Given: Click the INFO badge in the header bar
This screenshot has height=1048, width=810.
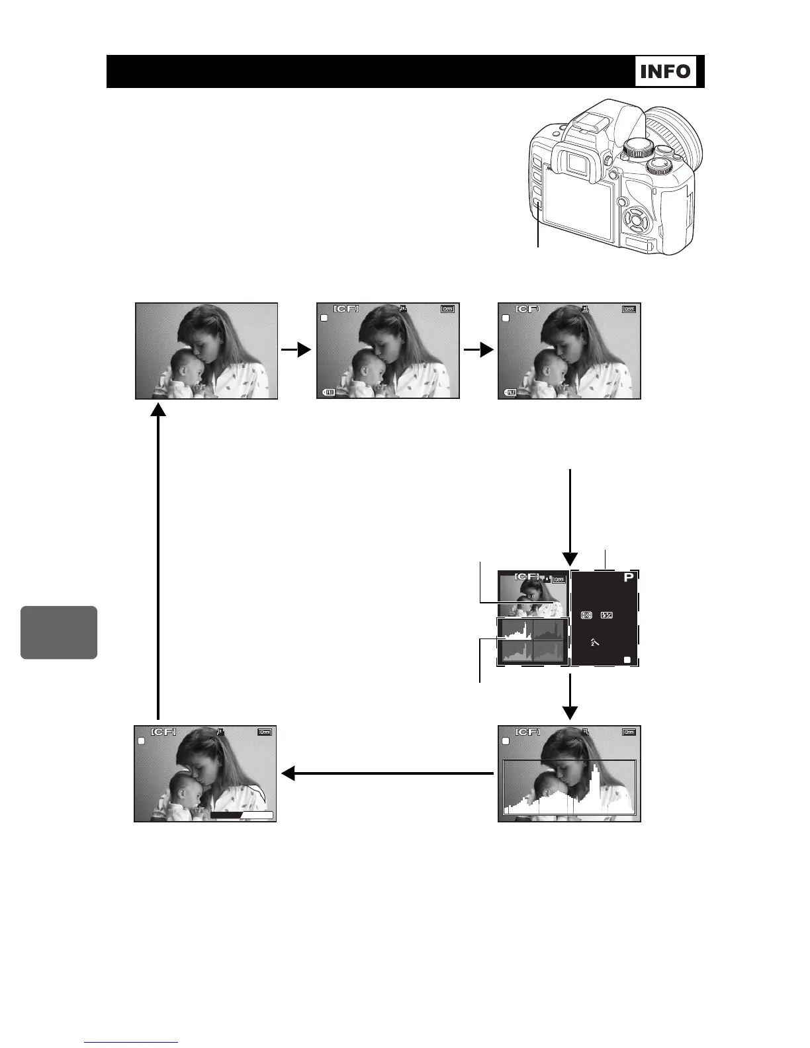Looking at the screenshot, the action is point(666,71).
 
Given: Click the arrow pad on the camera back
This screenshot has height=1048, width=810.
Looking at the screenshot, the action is point(635,218).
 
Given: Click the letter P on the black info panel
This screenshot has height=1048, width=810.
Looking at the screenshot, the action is point(628,578).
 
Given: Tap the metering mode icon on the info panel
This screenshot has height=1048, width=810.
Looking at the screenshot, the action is point(586,615).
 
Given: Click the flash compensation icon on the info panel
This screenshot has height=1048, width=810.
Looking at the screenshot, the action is point(606,615).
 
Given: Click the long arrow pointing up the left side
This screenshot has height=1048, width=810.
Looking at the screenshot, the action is point(158,562).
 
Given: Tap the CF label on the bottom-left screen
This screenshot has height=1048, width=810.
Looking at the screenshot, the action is point(163,732).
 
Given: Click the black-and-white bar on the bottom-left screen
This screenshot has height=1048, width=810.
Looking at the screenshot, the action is point(242,815).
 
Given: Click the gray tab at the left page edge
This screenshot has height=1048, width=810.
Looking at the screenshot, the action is point(59,632).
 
